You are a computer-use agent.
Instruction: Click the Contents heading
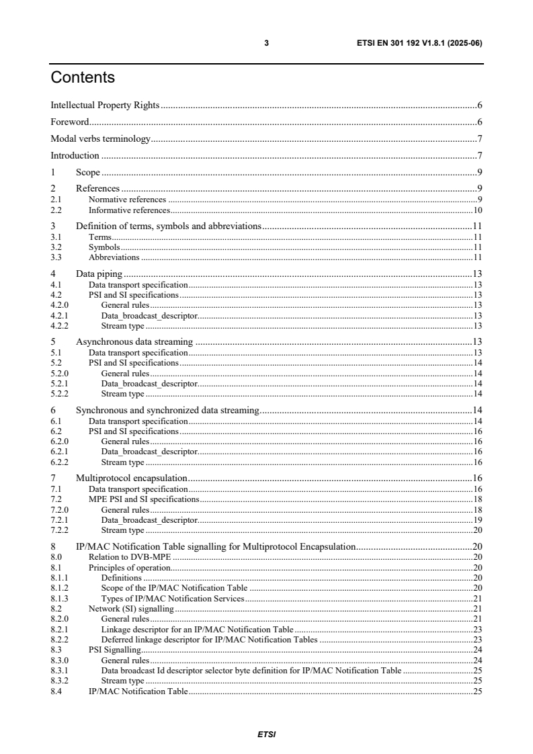tap(83, 78)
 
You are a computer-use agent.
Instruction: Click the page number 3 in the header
tap(266, 44)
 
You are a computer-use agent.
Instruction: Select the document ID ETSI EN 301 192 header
tap(419, 44)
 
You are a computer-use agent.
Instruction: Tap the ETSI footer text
tap(266, 735)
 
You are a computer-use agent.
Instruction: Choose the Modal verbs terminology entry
tap(101, 139)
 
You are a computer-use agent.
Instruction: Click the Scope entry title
tap(88, 173)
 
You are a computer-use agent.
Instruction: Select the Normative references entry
tap(127, 200)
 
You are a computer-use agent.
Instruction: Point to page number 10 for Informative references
tap(478, 210)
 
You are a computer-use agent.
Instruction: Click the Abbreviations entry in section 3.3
tap(114, 257)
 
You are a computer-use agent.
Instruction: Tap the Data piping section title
tap(98, 274)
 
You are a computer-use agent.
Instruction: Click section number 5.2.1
tap(57, 383)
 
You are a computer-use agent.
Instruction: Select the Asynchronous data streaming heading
tap(134, 342)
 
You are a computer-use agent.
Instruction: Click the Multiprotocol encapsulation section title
tap(131, 478)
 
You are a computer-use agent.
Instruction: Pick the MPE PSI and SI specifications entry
tap(144, 499)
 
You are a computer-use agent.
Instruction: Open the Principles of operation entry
tap(129, 568)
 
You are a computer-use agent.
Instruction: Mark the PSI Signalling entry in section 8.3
tap(114, 650)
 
